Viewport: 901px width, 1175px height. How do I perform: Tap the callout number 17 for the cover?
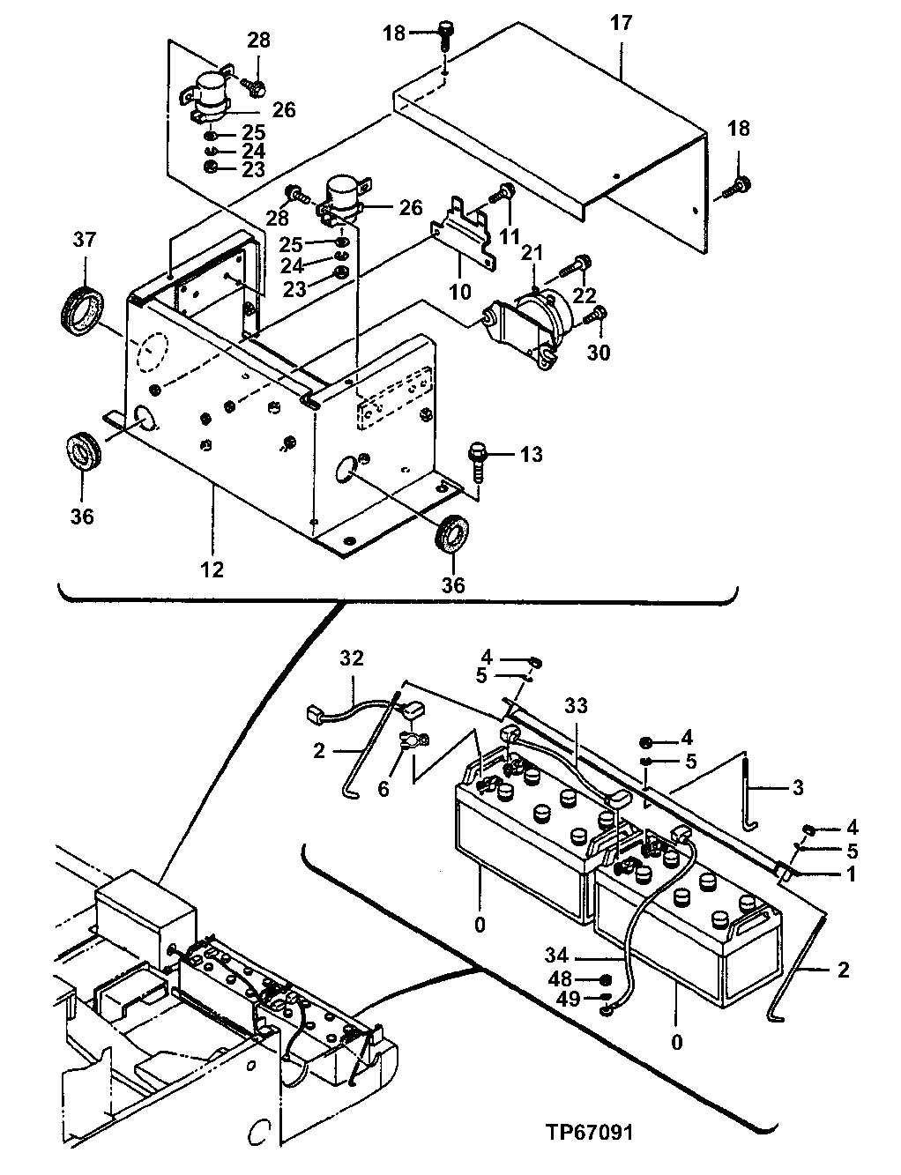pyautogui.click(x=621, y=23)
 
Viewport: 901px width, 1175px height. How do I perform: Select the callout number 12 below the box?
pyautogui.click(x=212, y=569)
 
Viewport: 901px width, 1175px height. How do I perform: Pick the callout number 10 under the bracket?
pyautogui.click(x=460, y=290)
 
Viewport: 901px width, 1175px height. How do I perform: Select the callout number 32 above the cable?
pyautogui.click(x=351, y=658)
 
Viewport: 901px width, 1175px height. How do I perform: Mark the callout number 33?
pyautogui.click(x=577, y=706)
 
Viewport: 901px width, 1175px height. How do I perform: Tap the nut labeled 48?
pyautogui.click(x=606, y=979)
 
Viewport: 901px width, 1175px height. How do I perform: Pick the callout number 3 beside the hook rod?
pyautogui.click(x=797, y=788)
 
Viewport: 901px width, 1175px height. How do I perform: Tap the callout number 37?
pyautogui.click(x=84, y=240)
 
